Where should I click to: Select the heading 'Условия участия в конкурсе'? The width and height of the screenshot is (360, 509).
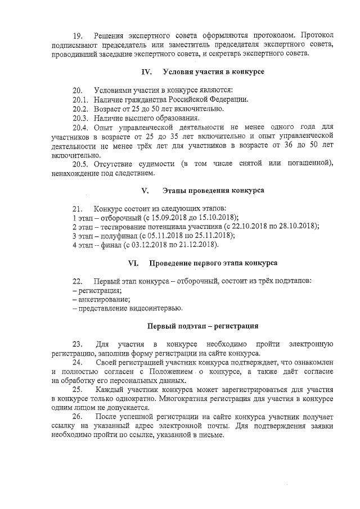tap(213, 72)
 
